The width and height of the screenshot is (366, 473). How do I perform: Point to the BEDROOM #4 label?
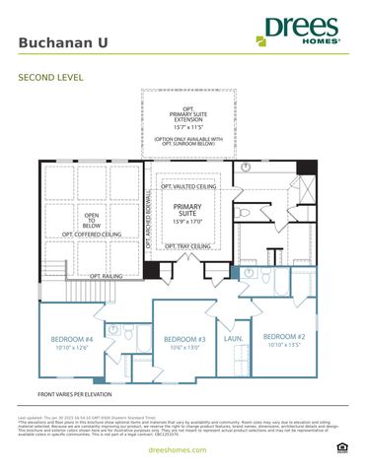[72, 340]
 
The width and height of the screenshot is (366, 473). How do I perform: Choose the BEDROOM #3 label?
[184, 340]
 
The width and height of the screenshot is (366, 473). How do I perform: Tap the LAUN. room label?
[234, 338]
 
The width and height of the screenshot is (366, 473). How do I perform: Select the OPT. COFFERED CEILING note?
[91, 235]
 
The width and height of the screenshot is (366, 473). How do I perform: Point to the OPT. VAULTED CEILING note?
[187, 185]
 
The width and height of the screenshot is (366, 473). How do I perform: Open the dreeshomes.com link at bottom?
[183, 449]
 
